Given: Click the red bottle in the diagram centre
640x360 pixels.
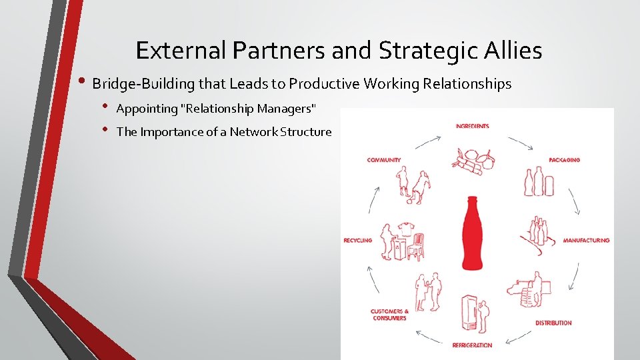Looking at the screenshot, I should [x=473, y=233].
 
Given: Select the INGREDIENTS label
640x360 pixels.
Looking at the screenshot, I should [x=473, y=126].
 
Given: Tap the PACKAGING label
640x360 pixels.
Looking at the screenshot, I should [x=564, y=160].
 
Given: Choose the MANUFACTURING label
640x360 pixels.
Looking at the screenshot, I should [x=586, y=240].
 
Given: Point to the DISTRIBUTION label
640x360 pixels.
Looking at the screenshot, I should [x=553, y=323].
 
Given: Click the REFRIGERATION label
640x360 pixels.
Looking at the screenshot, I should [x=472, y=345].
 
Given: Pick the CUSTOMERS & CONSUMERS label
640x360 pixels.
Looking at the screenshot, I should [x=390, y=315].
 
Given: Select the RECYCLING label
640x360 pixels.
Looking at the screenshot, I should [x=357, y=240].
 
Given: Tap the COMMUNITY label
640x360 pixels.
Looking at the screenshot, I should [x=384, y=160].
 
